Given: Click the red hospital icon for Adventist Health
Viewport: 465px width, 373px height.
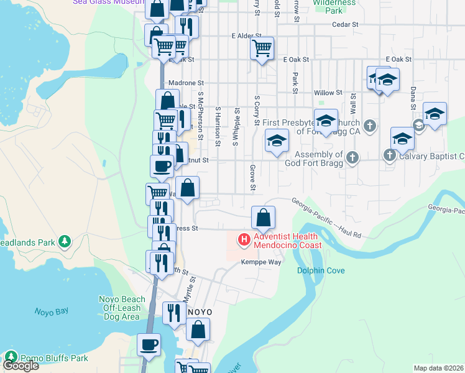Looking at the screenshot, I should tap(244, 239).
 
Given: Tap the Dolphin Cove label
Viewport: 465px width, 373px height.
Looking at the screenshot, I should tap(320, 270).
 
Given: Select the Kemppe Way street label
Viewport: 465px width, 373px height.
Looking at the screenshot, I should tap(261, 262).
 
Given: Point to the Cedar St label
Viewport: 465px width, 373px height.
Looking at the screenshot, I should tap(346, 24).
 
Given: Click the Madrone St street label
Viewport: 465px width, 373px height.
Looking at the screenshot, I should tap(182, 83).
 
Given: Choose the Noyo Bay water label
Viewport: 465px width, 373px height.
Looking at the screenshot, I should tap(50, 312).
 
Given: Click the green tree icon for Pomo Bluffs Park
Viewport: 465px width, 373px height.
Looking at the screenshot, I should tap(11, 357).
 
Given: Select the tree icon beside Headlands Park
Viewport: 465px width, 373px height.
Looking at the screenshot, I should tap(64, 241).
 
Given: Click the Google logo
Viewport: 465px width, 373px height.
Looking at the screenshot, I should tap(20, 365).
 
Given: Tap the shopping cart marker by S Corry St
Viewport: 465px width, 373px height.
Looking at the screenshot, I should tap(262, 47).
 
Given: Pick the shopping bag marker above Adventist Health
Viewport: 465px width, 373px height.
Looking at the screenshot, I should tap(263, 218).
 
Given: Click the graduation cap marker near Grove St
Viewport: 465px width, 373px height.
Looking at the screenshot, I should tap(277, 140).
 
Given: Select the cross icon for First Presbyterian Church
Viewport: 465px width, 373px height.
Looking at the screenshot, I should tap(369, 126).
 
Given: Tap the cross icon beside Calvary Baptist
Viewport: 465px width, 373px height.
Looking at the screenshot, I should tap(390, 155).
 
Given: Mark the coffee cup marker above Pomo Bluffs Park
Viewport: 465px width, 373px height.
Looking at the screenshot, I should tap(149, 344).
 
